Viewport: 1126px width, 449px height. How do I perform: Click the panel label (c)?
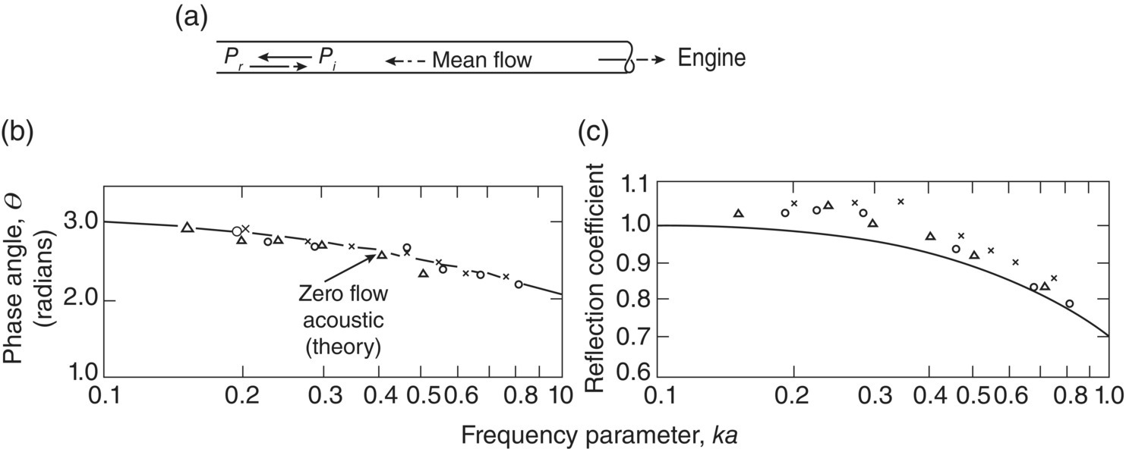point(593,133)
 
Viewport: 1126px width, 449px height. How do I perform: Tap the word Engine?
point(711,58)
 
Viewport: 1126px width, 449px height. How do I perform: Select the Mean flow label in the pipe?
point(482,59)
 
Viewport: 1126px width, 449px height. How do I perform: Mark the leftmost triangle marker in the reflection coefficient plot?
point(738,213)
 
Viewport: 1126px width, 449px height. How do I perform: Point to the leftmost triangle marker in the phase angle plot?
point(188,227)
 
